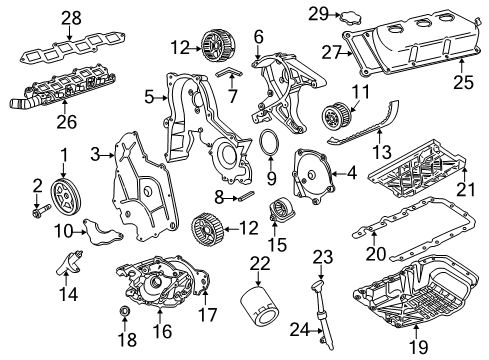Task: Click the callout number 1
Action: click(x=63, y=156)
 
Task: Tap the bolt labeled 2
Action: click(x=41, y=211)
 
